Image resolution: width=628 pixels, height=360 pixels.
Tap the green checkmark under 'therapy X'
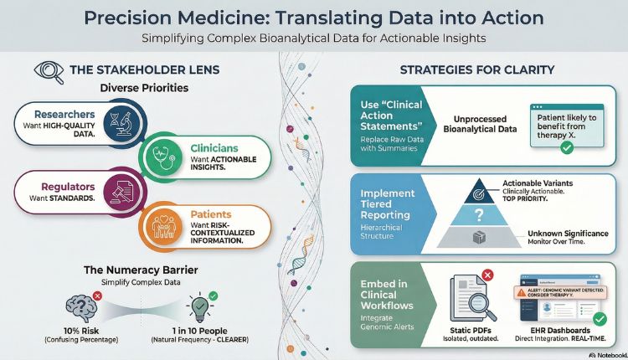(566, 147)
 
